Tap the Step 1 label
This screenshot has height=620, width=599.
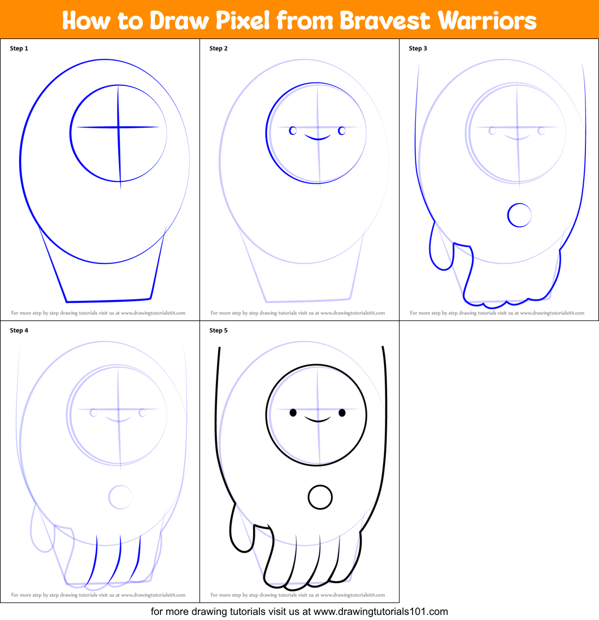[19, 49]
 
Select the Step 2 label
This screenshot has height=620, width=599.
[219, 49]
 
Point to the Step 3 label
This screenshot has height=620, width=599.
[418, 49]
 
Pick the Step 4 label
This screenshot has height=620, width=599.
[19, 331]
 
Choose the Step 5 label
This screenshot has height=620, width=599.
[219, 331]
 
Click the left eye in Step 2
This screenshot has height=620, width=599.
[293, 131]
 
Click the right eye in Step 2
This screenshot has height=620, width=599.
[342, 131]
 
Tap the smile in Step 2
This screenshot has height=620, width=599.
[317, 137]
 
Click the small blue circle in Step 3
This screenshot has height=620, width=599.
[519, 215]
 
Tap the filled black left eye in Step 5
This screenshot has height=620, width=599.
[293, 413]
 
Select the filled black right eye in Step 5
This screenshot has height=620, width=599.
[342, 413]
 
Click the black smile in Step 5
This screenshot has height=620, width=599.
[317, 419]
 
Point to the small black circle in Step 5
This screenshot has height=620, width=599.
[320, 497]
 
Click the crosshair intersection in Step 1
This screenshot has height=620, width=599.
[118, 127]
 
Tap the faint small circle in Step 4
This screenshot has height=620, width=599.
[120, 497]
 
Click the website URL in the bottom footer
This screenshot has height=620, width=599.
[380, 611]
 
